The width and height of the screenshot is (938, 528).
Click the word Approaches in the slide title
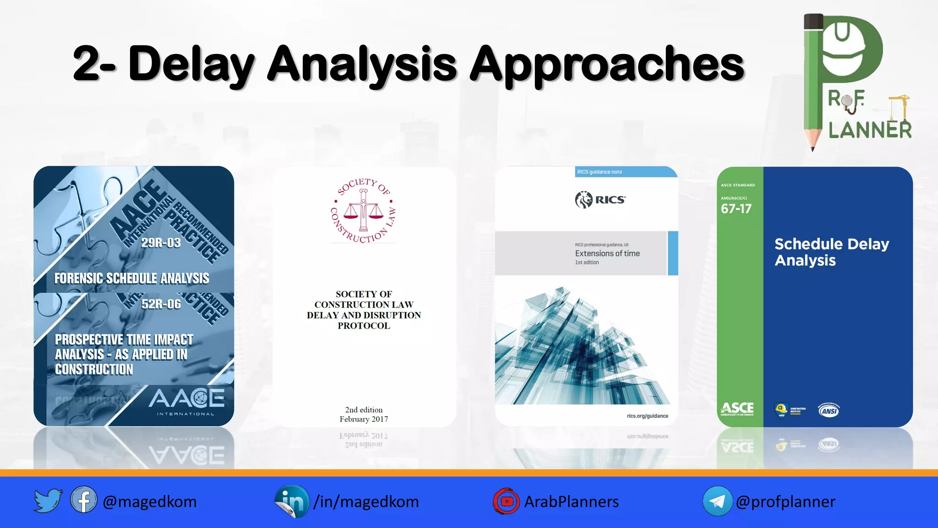[607, 64]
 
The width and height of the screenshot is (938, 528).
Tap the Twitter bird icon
[48, 500]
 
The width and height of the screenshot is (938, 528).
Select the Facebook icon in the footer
[83, 500]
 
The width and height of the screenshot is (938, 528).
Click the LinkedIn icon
[292, 501]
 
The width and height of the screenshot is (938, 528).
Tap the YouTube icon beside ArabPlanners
[506, 501]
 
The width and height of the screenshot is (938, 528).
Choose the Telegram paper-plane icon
[717, 501]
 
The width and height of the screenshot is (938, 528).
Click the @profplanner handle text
[785, 502]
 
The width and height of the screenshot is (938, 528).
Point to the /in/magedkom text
[366, 502]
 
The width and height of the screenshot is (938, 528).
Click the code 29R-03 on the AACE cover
[161, 242]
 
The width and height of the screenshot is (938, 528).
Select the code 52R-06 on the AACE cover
[161, 304]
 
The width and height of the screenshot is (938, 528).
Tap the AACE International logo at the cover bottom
[186, 401]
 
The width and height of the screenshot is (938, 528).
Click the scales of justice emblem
[363, 211]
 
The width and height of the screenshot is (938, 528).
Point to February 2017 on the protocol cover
[364, 419]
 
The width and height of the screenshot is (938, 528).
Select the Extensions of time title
[607, 253]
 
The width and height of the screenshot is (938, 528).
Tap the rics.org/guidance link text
[647, 416]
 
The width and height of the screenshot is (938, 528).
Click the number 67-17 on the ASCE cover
[736, 209]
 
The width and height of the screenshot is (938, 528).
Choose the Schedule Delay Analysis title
[831, 252]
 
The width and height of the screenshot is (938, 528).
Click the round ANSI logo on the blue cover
[829, 411]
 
